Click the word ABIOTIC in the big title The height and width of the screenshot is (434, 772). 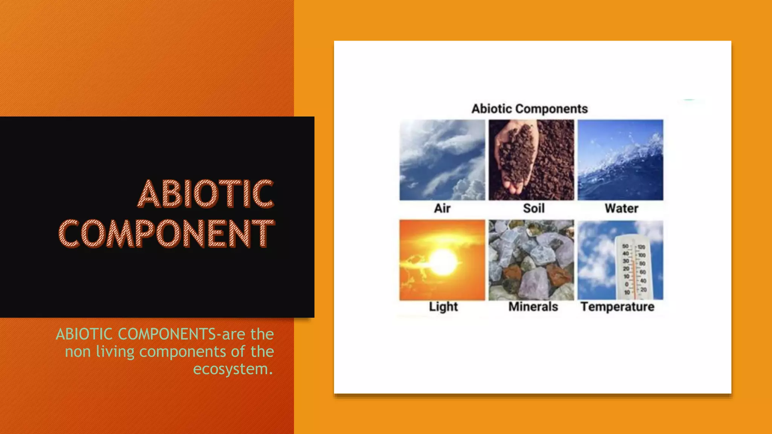coord(205,194)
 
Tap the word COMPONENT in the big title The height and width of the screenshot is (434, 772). coord(167,234)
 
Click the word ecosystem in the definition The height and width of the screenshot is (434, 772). coord(233,369)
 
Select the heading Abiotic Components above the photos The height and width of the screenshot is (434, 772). coord(529,109)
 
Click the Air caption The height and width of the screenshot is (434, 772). coord(442,208)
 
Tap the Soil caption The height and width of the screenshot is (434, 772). coord(533,208)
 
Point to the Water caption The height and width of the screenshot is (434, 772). coord(621,208)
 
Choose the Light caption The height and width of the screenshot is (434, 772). coord(443,307)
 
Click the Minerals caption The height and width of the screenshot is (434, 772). coord(533,307)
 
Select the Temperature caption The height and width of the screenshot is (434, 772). coord(617,307)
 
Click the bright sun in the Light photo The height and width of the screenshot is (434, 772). coord(443,262)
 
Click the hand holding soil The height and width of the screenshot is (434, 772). coord(516,158)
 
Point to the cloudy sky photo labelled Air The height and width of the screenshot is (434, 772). coord(442,160)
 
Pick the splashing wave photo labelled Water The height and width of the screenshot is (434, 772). coord(620,160)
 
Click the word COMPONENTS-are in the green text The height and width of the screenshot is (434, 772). coord(181,334)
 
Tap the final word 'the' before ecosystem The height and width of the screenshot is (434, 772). coord(262,351)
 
